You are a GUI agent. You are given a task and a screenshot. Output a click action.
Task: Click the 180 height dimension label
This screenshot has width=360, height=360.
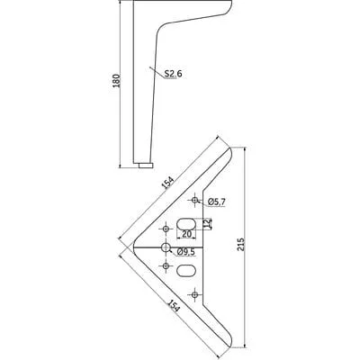pyautogui.click(x=116, y=81)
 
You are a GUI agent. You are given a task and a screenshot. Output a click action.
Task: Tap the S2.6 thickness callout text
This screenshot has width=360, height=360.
pyautogui.click(x=173, y=74)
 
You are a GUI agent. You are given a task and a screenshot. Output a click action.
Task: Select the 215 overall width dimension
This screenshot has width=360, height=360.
pyautogui.click(x=241, y=245)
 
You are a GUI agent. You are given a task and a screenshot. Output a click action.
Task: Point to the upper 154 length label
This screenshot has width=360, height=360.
pyautogui.click(x=168, y=183)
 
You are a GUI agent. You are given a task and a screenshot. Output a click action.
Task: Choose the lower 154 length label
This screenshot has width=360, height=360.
pyautogui.click(x=174, y=305)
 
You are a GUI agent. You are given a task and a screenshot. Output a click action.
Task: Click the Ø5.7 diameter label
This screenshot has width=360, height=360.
pyautogui.click(x=216, y=202)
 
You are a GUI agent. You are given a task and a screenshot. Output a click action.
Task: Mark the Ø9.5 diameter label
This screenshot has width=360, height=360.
pyautogui.click(x=186, y=252)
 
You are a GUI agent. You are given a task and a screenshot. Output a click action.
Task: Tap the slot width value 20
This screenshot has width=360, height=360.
pyautogui.click(x=187, y=234)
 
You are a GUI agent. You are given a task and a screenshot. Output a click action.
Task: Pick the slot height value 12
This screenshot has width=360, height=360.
pyautogui.click(x=207, y=223)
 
